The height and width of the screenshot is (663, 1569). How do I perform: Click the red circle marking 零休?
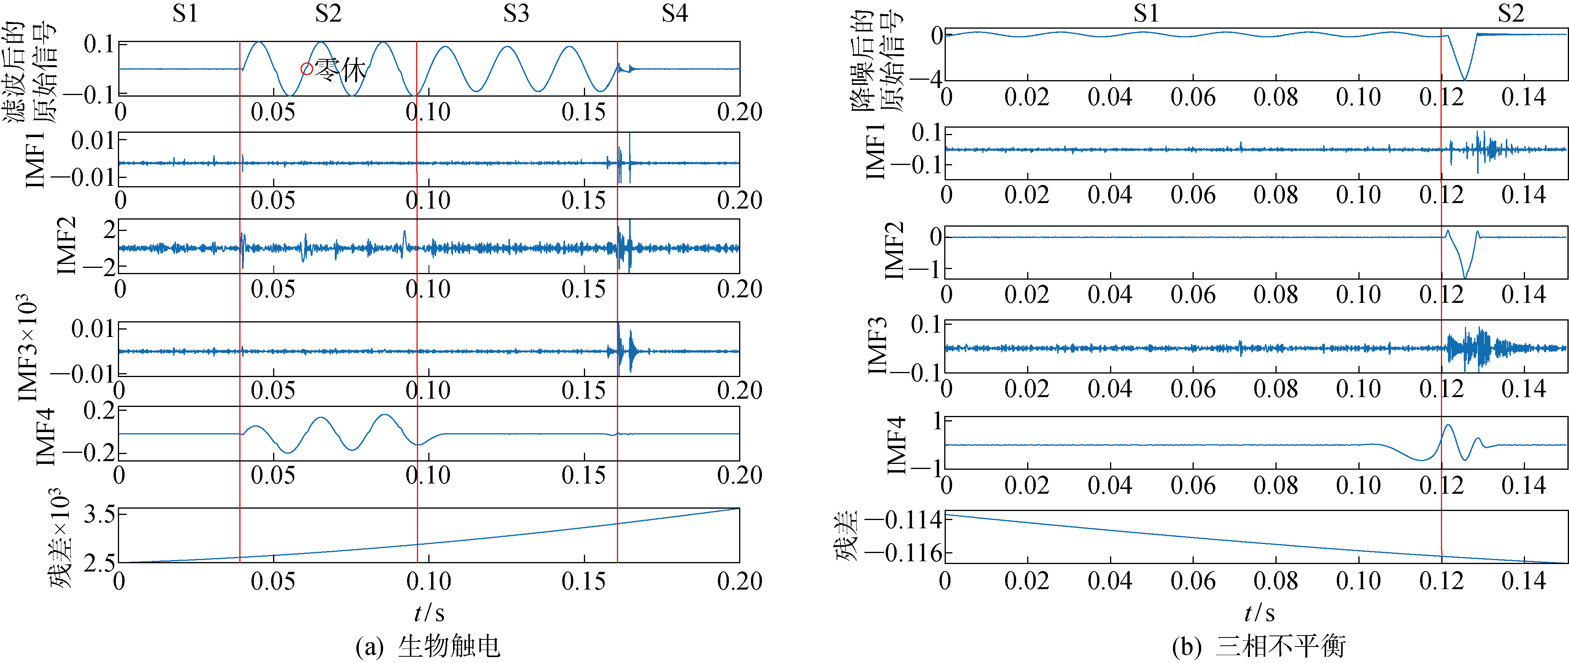(x=307, y=69)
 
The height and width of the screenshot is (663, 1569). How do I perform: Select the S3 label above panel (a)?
(x=516, y=13)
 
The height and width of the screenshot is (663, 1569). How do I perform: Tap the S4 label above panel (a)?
(x=675, y=13)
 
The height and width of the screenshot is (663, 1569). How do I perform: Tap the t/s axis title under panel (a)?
(x=429, y=612)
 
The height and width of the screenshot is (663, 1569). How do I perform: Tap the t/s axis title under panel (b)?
(x=1260, y=612)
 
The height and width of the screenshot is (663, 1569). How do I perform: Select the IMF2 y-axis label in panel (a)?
(x=67, y=245)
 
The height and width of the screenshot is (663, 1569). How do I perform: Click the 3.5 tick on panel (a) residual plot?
(x=100, y=515)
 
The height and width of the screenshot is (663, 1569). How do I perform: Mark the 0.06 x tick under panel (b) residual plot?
(x=1193, y=581)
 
